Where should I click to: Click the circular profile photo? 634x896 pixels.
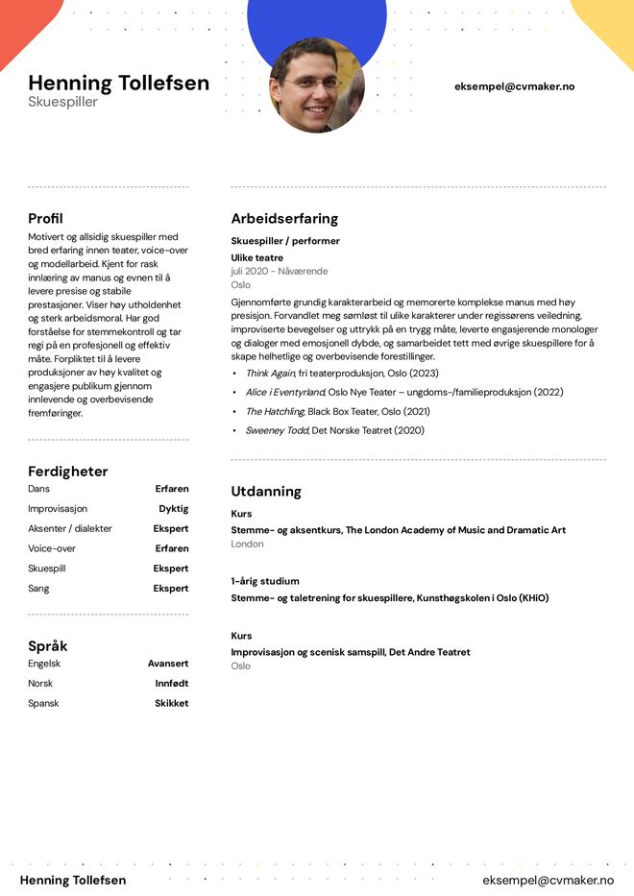[x=316, y=85]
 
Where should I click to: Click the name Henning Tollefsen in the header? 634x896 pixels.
[x=118, y=83]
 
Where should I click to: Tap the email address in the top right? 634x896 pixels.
[x=514, y=86]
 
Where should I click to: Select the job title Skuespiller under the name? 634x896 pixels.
[x=62, y=102]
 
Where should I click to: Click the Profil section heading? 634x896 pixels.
[x=45, y=218]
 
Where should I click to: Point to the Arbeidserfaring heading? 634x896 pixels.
[x=284, y=218]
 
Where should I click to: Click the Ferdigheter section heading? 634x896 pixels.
[x=67, y=472]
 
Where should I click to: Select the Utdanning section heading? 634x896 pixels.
[x=266, y=491]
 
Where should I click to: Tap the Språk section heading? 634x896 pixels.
[x=47, y=645]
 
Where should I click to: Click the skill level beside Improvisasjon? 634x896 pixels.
[x=173, y=509]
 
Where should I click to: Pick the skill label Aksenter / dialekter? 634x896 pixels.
[x=69, y=528]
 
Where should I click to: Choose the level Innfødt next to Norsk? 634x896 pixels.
[x=171, y=684]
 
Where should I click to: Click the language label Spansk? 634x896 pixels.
[x=43, y=703]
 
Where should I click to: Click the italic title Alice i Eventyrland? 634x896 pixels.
[x=284, y=392]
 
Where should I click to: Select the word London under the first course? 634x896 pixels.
[x=247, y=544]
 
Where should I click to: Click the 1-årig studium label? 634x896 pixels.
[x=264, y=581]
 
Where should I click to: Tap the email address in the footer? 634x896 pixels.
[x=548, y=880]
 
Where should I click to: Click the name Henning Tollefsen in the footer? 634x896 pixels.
[x=73, y=880]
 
